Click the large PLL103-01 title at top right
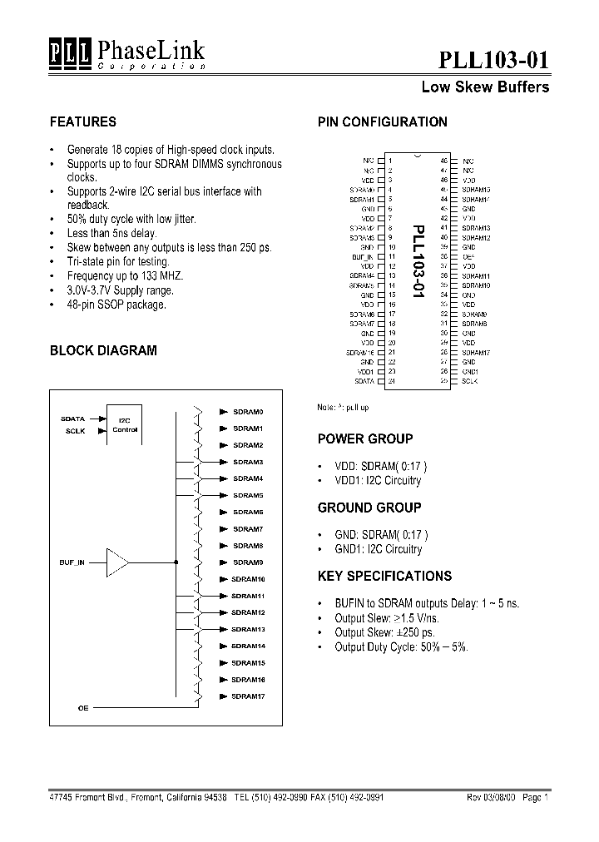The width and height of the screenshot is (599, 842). (x=493, y=59)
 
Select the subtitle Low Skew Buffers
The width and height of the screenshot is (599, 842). (x=485, y=87)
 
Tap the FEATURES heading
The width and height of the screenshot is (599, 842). (x=83, y=121)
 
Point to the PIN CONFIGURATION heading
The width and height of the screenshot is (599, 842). (x=383, y=121)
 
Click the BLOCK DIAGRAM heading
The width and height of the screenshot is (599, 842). (x=103, y=350)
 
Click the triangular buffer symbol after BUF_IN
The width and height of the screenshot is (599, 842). (x=117, y=563)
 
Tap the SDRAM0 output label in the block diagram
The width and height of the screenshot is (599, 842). (x=248, y=412)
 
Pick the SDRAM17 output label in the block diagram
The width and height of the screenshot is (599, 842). (x=247, y=696)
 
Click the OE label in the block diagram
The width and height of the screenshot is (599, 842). (x=82, y=707)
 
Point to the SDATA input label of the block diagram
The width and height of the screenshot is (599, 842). (x=73, y=419)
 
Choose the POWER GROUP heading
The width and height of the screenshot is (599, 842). (x=365, y=438)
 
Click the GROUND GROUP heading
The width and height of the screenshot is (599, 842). (x=369, y=507)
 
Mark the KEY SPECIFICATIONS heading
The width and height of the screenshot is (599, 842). (x=385, y=576)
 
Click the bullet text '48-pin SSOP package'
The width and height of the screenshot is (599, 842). (x=116, y=305)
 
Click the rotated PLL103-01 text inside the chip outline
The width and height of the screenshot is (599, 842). (x=418, y=259)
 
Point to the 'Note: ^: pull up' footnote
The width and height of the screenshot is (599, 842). (x=343, y=407)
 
